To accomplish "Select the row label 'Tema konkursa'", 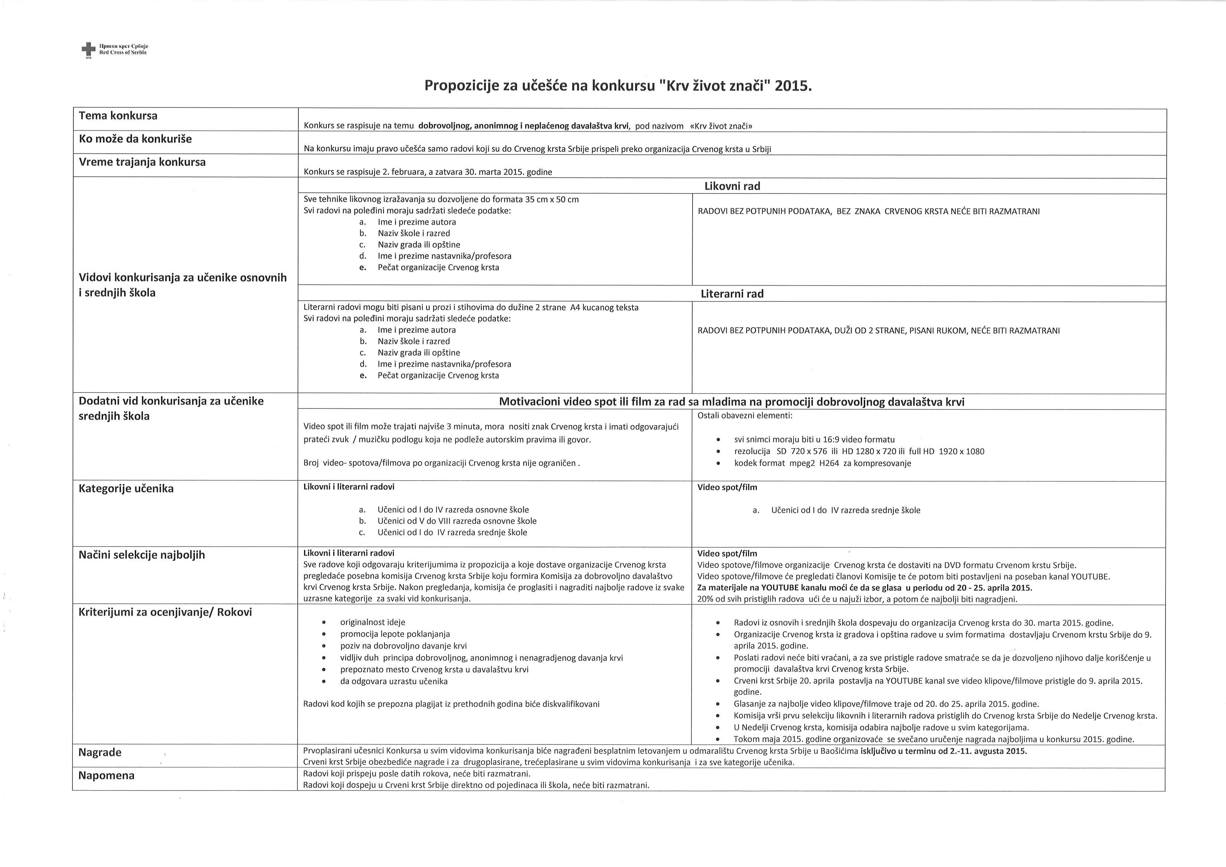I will (118, 116).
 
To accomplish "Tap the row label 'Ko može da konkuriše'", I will (135, 139).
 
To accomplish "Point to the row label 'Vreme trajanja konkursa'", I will (142, 162).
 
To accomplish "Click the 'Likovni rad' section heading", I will (732, 186).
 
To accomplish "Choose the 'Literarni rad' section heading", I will (732, 294).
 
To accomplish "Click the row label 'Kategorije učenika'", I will (126, 488).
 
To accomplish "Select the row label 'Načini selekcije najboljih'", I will (141, 554).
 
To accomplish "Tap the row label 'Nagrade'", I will (100, 752).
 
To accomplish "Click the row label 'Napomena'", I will (106, 775).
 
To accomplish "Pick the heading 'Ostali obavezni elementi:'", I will (745, 415).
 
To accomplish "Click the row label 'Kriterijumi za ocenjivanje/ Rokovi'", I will (165, 612).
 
